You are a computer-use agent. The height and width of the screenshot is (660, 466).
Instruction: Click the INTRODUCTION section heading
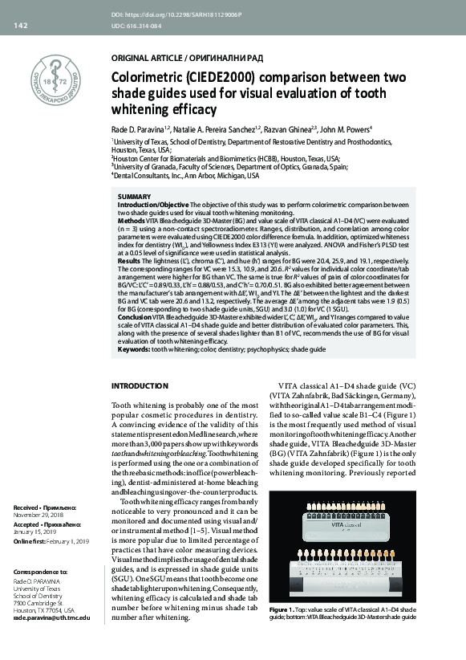[x=141, y=386]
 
